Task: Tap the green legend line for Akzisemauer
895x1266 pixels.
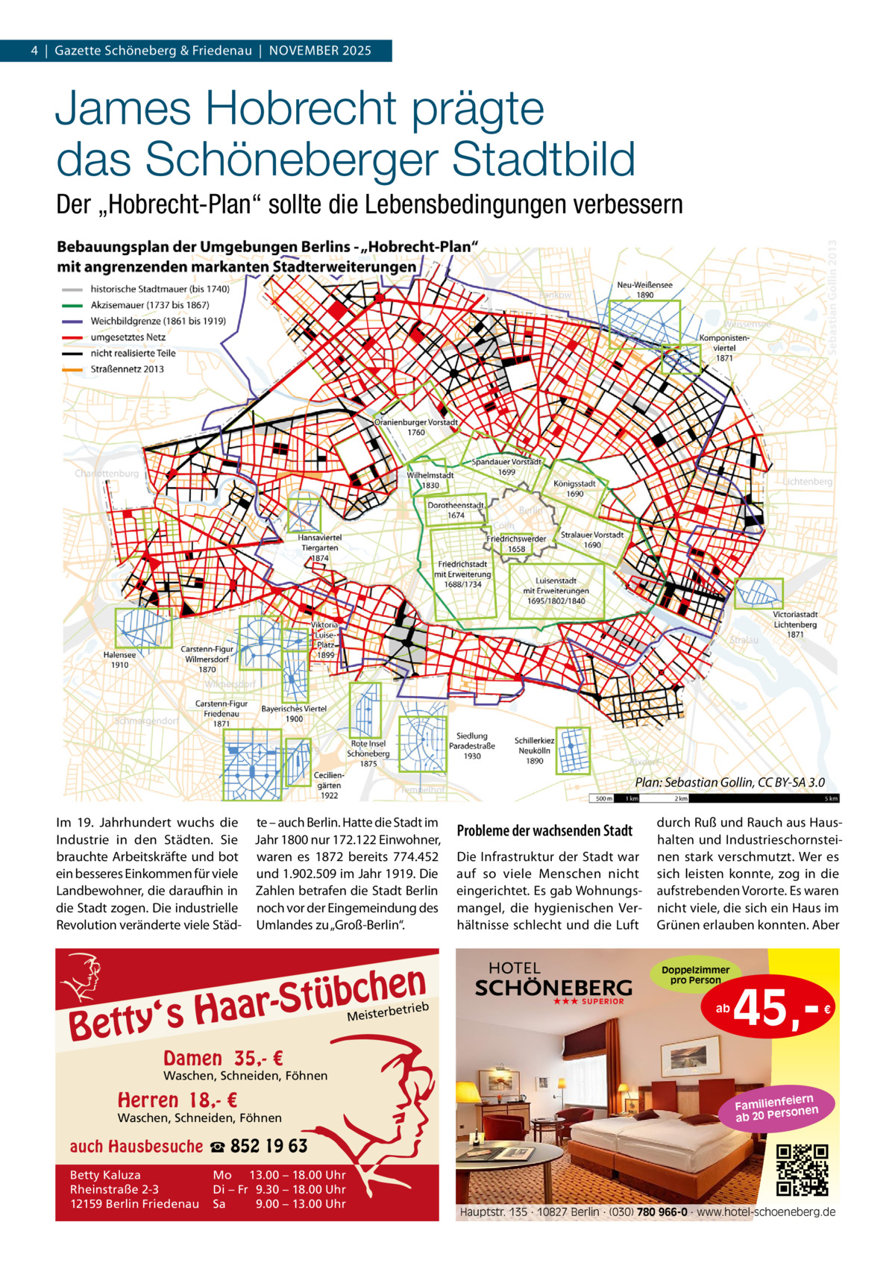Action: (72, 305)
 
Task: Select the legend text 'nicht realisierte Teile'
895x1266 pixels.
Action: (133, 353)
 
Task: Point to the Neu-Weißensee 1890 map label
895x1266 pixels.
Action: (644, 290)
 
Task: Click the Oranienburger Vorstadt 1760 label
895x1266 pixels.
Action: (415, 427)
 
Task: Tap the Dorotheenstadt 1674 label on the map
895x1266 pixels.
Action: (456, 510)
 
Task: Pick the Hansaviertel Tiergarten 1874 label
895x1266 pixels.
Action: (320, 547)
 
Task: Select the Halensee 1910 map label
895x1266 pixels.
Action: (119, 659)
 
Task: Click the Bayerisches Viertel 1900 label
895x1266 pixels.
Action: (294, 713)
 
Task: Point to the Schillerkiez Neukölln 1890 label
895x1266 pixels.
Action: (534, 750)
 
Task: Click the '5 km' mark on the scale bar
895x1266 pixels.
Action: (830, 798)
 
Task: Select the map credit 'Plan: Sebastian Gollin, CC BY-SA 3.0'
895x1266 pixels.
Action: (729, 783)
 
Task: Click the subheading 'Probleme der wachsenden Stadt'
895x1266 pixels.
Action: (544, 830)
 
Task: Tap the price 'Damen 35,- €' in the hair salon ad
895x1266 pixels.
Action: (222, 1059)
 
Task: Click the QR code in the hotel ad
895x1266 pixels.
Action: (803, 1170)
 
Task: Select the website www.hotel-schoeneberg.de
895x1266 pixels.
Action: (766, 1212)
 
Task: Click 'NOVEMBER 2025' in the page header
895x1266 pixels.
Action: (320, 51)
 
